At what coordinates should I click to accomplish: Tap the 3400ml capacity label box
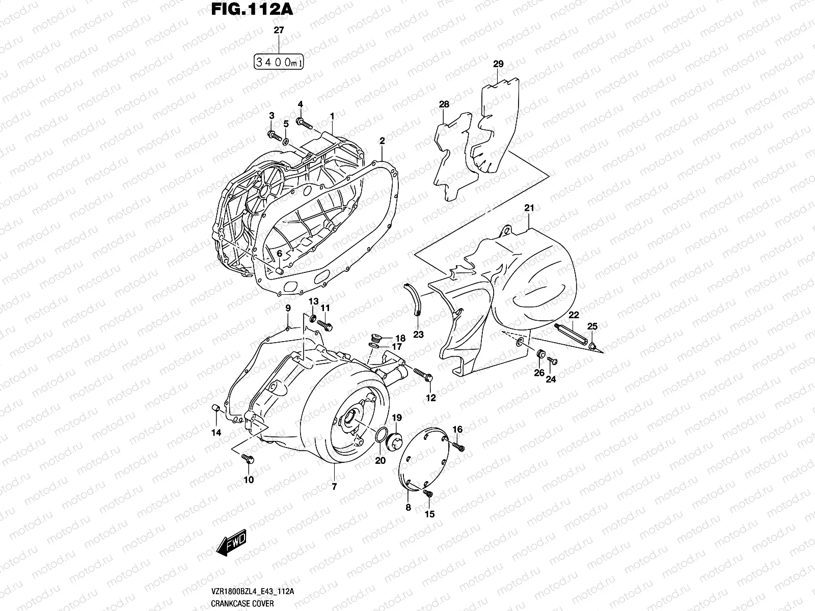tap(279, 63)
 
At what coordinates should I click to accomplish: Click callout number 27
tap(279, 31)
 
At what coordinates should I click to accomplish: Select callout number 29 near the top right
tap(498, 64)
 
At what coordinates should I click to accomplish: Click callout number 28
tap(444, 104)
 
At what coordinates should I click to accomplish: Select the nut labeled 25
tap(592, 346)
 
